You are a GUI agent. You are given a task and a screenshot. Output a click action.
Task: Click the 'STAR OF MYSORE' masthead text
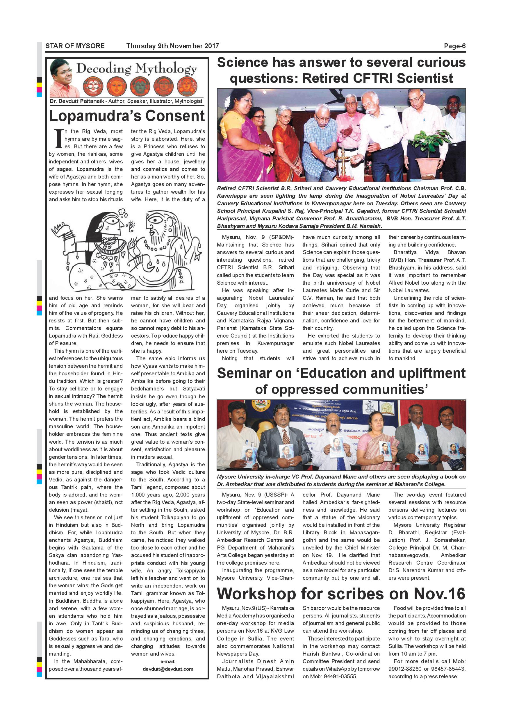coord(75,46)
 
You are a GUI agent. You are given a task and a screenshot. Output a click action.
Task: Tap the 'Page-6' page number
coord(454,46)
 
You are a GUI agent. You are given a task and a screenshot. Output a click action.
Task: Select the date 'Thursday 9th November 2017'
coord(172,46)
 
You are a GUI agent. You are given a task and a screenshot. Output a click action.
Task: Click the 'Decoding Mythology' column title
coord(137,68)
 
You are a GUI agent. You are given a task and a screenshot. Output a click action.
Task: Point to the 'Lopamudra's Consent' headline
coord(127,116)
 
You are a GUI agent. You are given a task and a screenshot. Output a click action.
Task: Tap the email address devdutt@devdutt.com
coord(168,669)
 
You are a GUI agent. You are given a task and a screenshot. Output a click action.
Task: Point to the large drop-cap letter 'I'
coord(58,139)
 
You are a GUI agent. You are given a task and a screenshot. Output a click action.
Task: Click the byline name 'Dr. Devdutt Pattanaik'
coord(77,101)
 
